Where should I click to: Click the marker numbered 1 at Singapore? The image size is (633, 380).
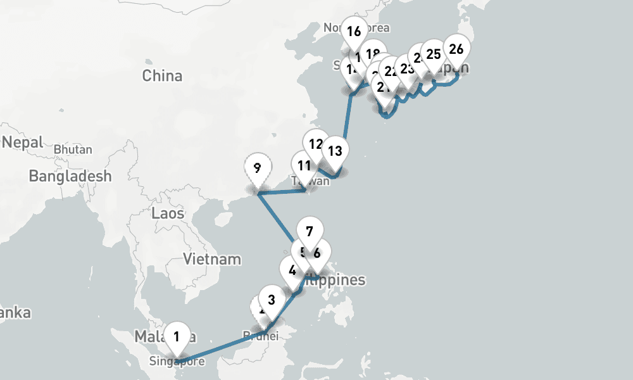pos(177,336)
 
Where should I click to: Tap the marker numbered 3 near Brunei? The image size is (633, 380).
pos(272,300)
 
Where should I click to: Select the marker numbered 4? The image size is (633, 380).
pos(292,270)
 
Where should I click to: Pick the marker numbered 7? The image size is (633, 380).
pos(310,231)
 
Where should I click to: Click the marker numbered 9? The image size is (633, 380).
pos(257,168)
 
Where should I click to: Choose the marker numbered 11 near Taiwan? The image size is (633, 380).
pos(304,166)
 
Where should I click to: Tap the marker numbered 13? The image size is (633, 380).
pos(335,151)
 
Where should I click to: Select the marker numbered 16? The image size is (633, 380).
pos(354,30)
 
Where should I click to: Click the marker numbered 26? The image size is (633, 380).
pos(456,49)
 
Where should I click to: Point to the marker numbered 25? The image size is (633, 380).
pos(434,54)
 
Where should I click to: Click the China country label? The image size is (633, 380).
pos(162,76)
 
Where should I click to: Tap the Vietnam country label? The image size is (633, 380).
pos(212,258)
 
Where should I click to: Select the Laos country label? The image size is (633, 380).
pos(168,213)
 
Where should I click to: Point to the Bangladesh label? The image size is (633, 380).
pos(70,176)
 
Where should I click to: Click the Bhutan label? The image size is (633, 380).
pos(73,150)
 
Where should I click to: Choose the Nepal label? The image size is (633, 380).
pos(23,142)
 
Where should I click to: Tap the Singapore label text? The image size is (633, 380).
pos(177,362)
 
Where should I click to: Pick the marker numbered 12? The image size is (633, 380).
pos(316,143)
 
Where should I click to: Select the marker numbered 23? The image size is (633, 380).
pos(408,68)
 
